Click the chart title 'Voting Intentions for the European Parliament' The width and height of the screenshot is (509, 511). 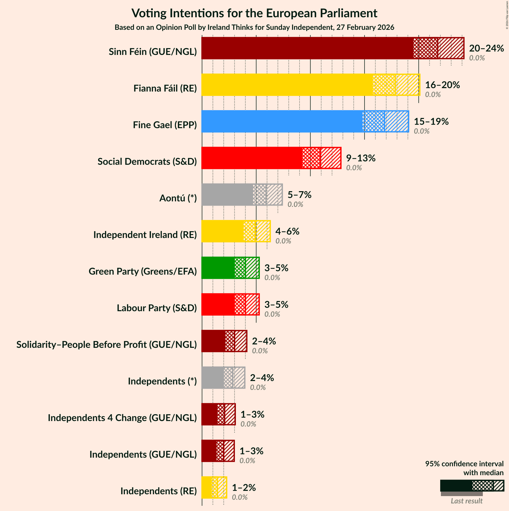(254, 13)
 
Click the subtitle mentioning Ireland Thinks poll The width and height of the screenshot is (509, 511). (254, 27)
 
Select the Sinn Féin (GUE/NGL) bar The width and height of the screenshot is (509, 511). (307, 48)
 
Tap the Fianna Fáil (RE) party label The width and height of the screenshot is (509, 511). (165, 88)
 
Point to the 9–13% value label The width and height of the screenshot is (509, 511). (361, 158)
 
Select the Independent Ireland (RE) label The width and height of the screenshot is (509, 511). (145, 235)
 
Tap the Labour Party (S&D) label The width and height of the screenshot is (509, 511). (157, 308)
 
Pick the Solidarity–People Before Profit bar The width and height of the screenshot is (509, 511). (213, 341)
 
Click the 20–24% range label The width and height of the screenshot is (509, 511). (486, 48)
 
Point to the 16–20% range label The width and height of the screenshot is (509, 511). (442, 85)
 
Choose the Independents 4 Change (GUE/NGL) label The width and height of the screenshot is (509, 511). (122, 418)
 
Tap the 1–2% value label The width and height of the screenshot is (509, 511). (244, 487)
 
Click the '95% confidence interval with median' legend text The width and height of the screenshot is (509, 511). (464, 468)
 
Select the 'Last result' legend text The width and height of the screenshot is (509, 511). (466, 501)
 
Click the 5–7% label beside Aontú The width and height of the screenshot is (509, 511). (299, 195)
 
